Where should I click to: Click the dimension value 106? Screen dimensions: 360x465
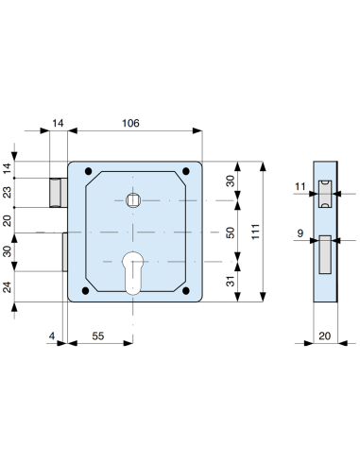tap(130, 123)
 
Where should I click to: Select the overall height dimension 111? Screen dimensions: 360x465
tap(255, 232)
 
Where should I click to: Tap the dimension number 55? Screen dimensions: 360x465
tap(98, 336)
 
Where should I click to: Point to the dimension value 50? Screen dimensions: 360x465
tap(231, 232)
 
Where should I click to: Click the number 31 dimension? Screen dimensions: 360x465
tap(231, 281)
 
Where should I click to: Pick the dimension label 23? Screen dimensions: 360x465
tap(7, 193)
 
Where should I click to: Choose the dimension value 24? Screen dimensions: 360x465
tap(7, 287)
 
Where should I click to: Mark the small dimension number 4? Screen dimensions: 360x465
tap(52, 336)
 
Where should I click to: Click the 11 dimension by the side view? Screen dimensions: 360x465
tap(300, 186)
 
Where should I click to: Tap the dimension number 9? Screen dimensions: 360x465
tap(300, 233)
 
